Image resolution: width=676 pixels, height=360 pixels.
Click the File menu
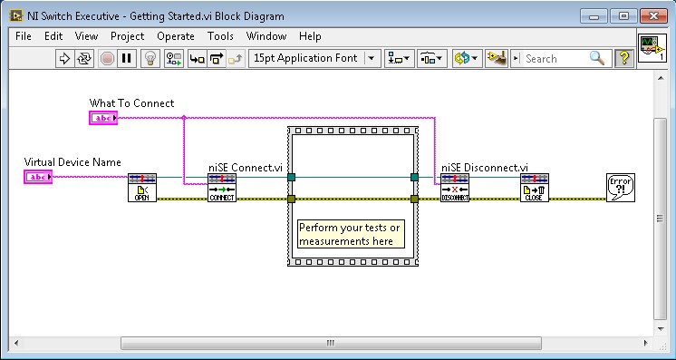click(23, 36)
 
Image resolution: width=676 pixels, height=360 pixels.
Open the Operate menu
click(176, 36)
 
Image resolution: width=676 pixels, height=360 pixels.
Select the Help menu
click(310, 36)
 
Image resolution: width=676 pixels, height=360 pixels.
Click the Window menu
click(266, 36)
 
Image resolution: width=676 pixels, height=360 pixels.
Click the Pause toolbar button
click(127, 58)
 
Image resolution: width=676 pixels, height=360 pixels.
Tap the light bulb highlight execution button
click(150, 58)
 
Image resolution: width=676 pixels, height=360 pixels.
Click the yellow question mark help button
click(623, 58)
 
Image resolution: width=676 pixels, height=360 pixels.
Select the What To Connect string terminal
click(103, 118)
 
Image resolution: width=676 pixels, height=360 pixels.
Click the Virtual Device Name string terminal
click(38, 177)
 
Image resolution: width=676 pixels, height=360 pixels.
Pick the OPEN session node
click(141, 189)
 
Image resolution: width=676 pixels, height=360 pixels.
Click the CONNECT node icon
click(222, 189)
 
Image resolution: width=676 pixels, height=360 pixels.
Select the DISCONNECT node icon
click(455, 189)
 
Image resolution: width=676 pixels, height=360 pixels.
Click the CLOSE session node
click(535, 189)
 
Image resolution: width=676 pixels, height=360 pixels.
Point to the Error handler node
click(620, 188)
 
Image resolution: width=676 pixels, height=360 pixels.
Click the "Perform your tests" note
click(350, 234)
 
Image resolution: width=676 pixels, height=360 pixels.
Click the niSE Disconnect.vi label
click(484, 167)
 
